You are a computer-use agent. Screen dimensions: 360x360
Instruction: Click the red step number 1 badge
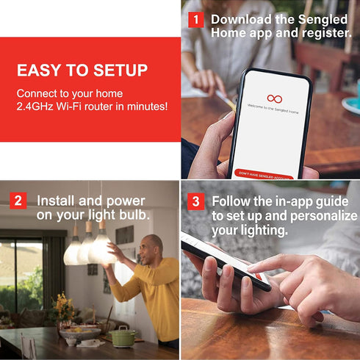tap(196, 20)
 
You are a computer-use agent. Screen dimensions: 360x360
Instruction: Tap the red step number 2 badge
tap(18, 201)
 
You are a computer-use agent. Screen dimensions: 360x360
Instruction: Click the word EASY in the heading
tap(43, 71)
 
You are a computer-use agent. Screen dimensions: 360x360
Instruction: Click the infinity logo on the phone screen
tap(274, 98)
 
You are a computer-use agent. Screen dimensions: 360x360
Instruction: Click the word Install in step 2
tap(57, 200)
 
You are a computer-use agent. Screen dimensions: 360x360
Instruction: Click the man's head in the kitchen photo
tap(152, 248)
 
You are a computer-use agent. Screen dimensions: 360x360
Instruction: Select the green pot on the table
tap(123, 336)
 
